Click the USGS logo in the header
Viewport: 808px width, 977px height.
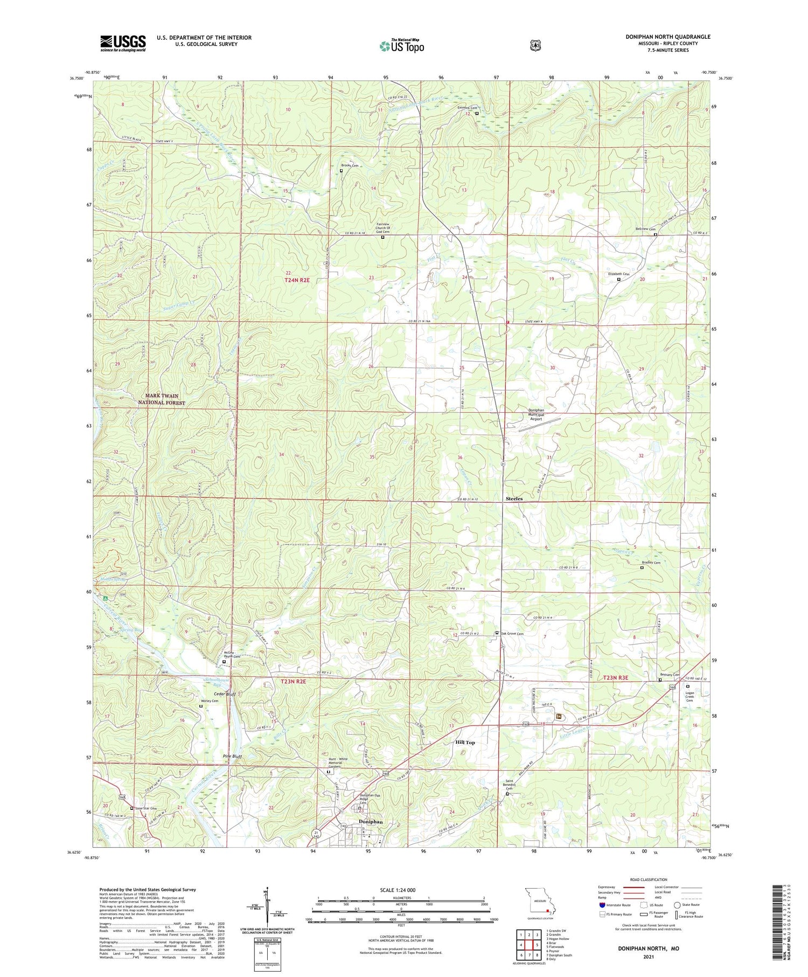click(123, 43)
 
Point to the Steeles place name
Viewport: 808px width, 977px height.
click(514, 498)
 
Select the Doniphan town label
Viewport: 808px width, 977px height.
click(371, 822)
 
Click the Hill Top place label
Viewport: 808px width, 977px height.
click(465, 742)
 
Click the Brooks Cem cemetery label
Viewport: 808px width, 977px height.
click(350, 165)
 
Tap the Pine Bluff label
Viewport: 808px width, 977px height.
click(233, 757)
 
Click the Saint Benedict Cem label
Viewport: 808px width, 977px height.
click(510, 785)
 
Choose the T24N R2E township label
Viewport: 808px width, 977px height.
click(297, 280)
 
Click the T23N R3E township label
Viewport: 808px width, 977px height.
click(616, 677)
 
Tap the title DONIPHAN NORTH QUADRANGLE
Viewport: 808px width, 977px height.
click(667, 37)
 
